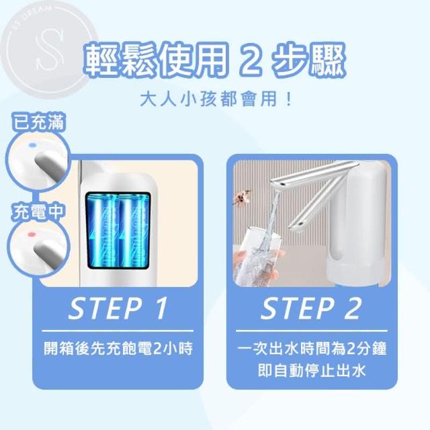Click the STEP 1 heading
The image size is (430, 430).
118,308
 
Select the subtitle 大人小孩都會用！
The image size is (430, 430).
216,99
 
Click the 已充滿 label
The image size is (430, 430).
39,122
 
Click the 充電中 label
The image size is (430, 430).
38,212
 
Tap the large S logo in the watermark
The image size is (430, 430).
50,49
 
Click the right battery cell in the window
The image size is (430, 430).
134,230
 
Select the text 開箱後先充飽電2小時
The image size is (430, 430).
118,348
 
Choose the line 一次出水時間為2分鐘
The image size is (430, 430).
312,348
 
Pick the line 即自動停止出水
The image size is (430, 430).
312,371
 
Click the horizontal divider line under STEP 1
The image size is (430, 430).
118,331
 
